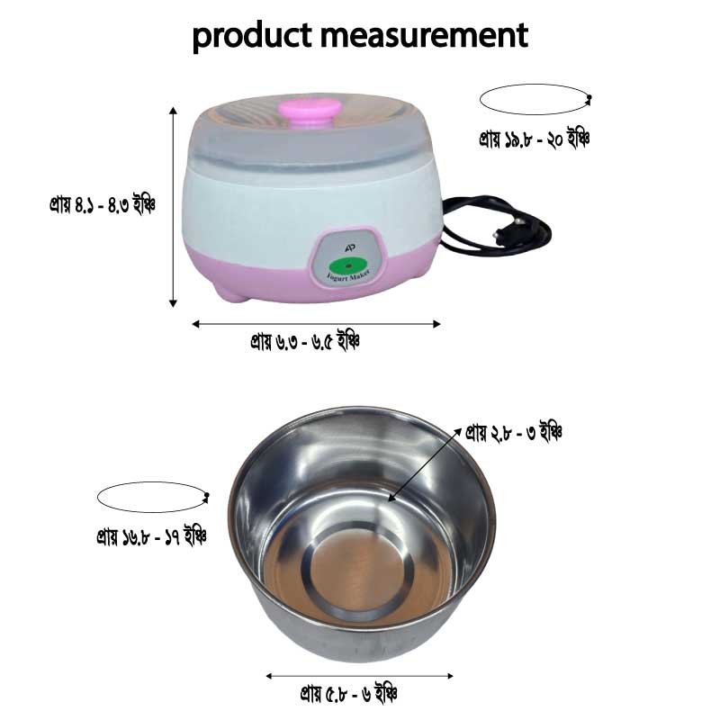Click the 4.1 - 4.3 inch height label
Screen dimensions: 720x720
coord(103,205)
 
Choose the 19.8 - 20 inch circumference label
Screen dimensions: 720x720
coord(535,139)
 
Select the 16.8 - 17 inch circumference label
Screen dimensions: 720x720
coord(152,537)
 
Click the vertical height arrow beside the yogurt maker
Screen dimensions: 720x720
coord(173,207)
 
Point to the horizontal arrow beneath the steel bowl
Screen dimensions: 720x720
coord(360,675)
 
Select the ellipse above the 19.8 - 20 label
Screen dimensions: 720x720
coord(534,99)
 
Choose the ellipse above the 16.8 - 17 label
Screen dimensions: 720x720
coord(152,497)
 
